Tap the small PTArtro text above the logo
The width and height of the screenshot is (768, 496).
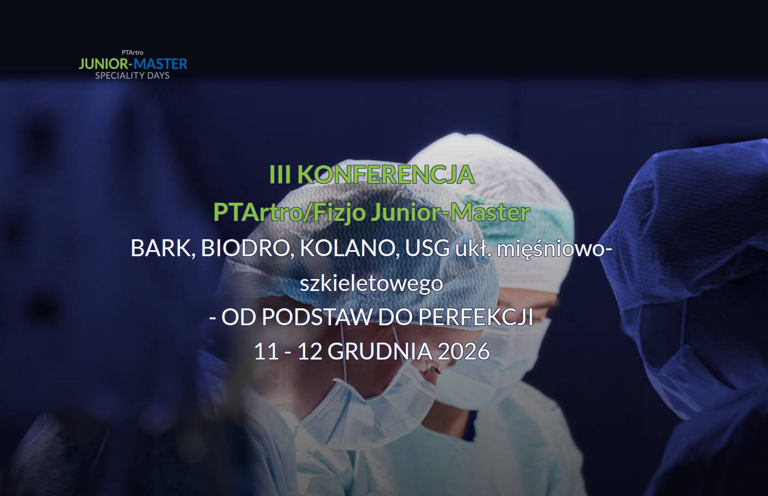click(132, 52)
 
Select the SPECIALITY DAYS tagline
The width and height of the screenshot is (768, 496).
click(132, 76)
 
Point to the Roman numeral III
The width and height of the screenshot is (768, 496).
click(280, 175)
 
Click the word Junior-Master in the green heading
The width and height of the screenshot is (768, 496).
click(450, 213)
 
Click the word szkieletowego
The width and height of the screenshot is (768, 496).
click(371, 284)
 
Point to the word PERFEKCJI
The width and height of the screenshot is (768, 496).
click(475, 317)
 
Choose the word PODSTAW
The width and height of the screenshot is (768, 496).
click(317, 317)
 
